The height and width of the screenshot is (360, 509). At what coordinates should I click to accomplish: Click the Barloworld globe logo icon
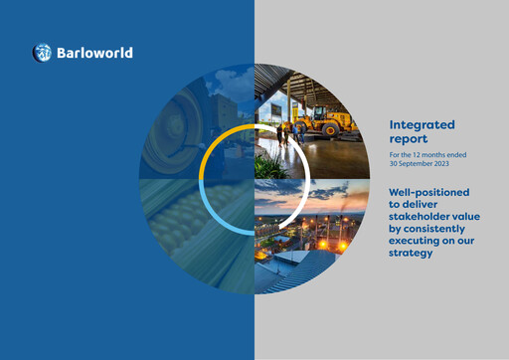[42, 53]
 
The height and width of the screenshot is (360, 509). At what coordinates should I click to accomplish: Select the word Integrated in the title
[422, 125]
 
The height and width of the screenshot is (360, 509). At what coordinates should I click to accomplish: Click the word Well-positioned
[428, 191]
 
